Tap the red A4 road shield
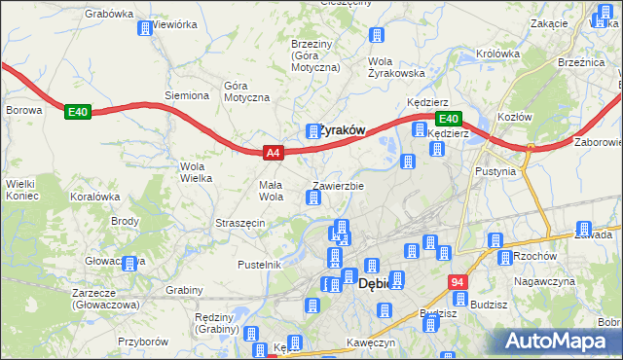(274, 153)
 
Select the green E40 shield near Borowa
(78, 113)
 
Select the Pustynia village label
(495, 170)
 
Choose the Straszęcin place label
(240, 223)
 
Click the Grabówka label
(108, 14)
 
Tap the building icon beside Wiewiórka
(145, 28)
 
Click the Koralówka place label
(94, 196)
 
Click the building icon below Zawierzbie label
(313, 198)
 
